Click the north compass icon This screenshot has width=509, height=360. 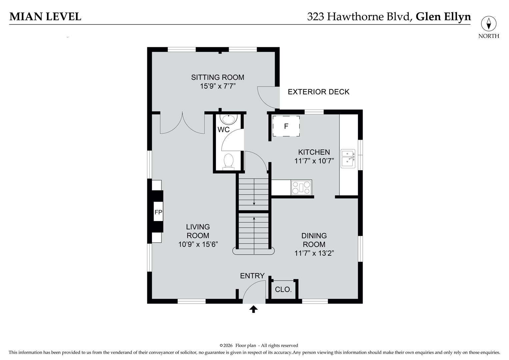[488, 24]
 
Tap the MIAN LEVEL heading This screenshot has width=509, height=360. [45, 17]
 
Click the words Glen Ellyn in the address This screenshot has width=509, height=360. [443, 17]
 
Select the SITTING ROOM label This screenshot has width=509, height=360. [217, 77]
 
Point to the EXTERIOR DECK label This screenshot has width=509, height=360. [318, 92]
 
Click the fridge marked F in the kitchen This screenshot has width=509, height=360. [286, 126]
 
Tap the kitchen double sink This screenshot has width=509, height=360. [348, 158]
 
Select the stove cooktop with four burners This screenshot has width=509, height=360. [301, 188]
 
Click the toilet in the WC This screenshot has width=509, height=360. [229, 161]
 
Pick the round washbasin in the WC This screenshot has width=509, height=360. [229, 119]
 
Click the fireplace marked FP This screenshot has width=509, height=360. [158, 212]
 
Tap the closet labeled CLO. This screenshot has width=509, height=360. [283, 289]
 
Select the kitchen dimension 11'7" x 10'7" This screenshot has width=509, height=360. [314, 161]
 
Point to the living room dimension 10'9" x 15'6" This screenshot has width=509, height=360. [198, 244]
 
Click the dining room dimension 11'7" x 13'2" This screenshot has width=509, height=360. [314, 253]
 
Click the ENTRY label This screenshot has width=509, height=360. [252, 276]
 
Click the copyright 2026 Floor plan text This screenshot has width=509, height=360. [259, 346]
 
